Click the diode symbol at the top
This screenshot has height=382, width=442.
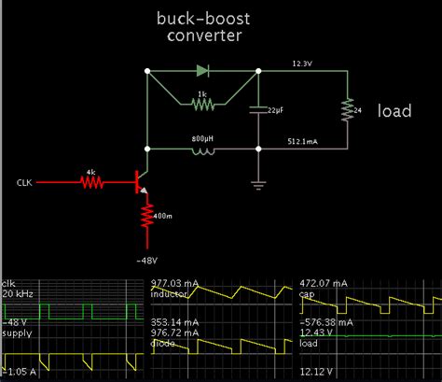pos(202,70)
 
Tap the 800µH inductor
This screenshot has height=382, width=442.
pos(202,149)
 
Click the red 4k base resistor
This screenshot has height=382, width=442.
pos(91,182)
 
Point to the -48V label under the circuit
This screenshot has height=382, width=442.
pos(145,260)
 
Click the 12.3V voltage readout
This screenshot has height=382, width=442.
pos(301,64)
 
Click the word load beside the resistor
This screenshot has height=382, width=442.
pos(395,110)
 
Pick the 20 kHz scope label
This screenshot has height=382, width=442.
pos(17,293)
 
